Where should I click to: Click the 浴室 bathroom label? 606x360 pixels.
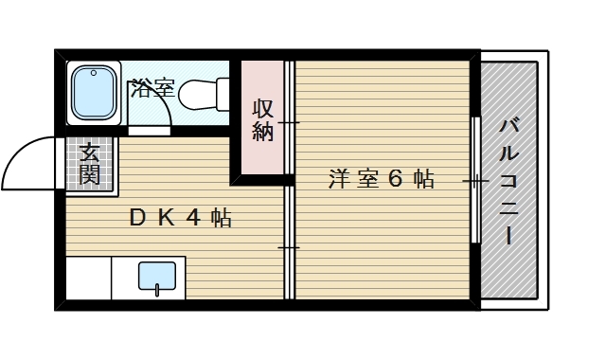click(x=152, y=91)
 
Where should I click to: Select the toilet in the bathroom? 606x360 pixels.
click(x=201, y=94)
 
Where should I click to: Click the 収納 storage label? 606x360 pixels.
click(x=263, y=120)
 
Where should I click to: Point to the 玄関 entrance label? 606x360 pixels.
click(x=90, y=163)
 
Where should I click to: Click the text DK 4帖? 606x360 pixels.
click(x=181, y=218)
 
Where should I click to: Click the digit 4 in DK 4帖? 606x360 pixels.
click(x=193, y=218)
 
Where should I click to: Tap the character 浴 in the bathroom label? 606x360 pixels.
click(x=141, y=91)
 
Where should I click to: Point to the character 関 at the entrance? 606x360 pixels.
click(x=90, y=173)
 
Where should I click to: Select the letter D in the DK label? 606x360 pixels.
click(x=138, y=218)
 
